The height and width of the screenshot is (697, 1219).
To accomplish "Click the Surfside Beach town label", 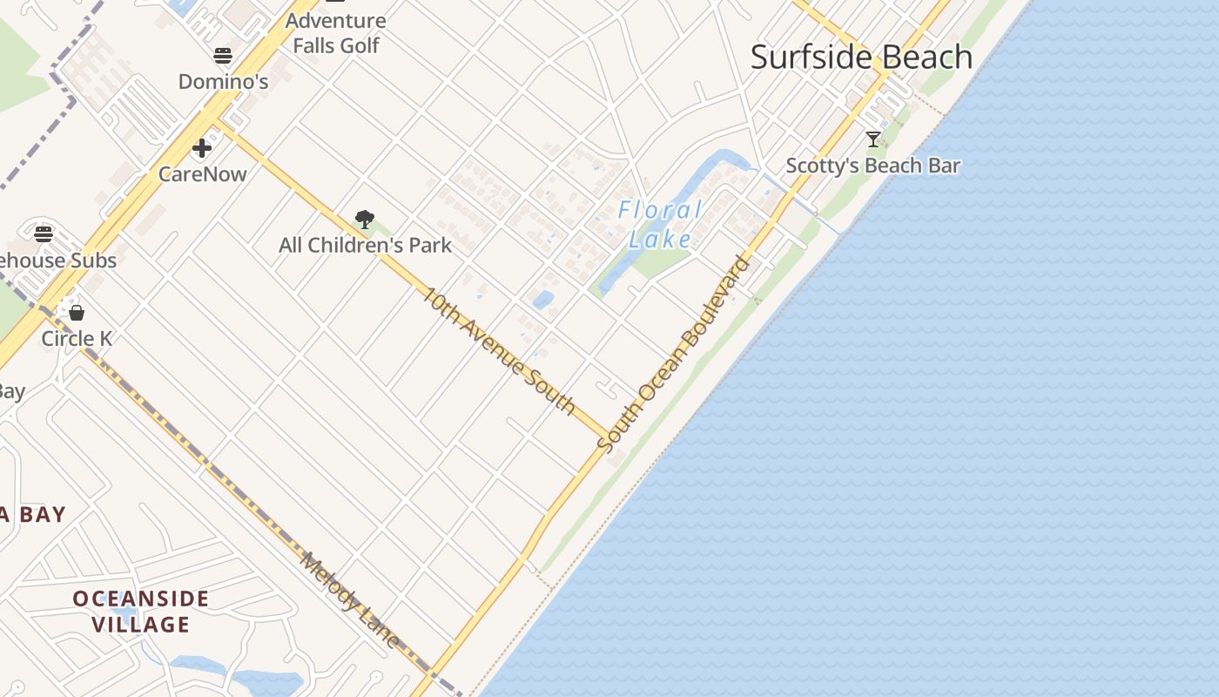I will [861, 58].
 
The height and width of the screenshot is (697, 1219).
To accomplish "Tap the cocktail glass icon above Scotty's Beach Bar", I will [873, 139].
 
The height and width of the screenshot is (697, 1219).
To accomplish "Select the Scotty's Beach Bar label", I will [873, 166].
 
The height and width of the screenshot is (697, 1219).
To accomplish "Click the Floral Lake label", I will [660, 224].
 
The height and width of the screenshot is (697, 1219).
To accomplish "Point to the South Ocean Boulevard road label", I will [673, 353].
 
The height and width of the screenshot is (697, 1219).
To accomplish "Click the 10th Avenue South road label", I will [499, 350].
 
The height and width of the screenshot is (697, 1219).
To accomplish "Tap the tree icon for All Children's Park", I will [365, 220].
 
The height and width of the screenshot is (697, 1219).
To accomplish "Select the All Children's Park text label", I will [365, 246].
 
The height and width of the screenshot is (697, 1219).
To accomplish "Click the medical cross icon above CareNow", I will [202, 148].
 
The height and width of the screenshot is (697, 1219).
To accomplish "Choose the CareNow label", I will [202, 174].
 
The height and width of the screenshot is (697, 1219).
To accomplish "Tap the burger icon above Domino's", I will [223, 57].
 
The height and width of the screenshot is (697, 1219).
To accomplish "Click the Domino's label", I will [223, 82].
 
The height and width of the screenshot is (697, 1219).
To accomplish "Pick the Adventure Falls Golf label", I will [336, 33].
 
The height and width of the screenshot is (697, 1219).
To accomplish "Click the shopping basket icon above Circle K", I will [77, 312].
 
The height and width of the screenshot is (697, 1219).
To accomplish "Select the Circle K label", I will [77, 339].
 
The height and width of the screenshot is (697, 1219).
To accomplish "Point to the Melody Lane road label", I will [349, 600].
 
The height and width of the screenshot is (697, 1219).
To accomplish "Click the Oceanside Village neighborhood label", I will [141, 612].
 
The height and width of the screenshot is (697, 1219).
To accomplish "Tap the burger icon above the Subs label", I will [44, 233].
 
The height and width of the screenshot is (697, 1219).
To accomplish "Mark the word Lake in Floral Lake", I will [660, 239].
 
